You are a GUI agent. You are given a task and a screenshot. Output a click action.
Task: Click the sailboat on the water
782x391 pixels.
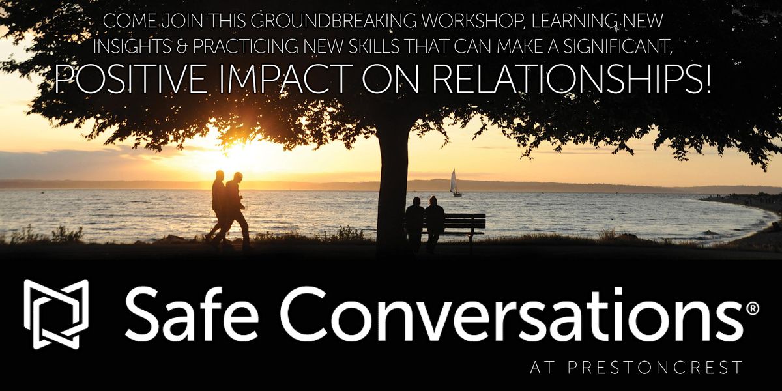click(455, 183)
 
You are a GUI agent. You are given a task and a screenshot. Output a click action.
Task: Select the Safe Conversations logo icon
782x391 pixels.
click(56, 313)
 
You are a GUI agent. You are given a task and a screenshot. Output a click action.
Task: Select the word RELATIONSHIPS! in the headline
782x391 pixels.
click(573, 80)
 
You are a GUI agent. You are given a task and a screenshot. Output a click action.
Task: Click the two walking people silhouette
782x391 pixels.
click(229, 210)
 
